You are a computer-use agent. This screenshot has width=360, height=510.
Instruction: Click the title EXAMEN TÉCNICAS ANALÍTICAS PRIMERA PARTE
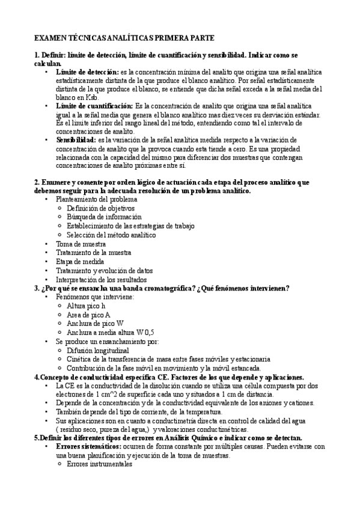click(x=124, y=37)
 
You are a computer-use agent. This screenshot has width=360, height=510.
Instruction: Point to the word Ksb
click(x=92, y=97)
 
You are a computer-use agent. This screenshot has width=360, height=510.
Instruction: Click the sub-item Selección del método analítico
click(x=111, y=235)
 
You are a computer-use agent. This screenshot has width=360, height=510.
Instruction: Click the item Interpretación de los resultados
click(x=100, y=280)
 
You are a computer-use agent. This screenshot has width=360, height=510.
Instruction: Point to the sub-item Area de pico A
click(x=88, y=315)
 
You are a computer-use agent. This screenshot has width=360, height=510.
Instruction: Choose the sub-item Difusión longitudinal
click(x=97, y=350)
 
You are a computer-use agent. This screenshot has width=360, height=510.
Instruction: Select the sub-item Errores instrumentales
click(x=99, y=464)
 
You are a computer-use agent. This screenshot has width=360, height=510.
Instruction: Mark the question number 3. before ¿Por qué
click(x=37, y=288)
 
